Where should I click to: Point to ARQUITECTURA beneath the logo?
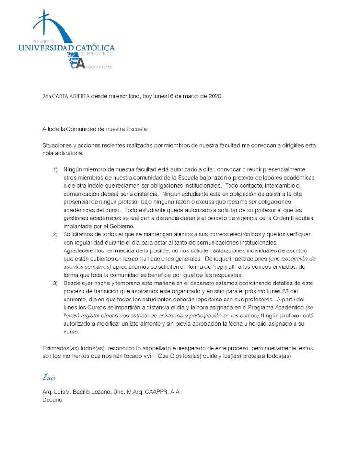click(99, 67)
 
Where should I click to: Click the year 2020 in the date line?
click(213, 96)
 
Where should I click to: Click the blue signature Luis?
click(49, 377)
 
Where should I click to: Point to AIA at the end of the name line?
click(175, 392)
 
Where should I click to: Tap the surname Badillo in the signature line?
click(81, 392)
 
